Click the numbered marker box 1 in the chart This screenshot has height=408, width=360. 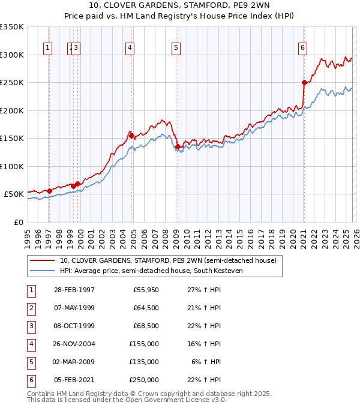pos(47,49)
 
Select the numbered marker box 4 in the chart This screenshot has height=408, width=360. pos(130,49)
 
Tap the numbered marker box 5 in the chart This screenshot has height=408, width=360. pos(176,49)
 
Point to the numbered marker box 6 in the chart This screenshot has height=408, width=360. pos(303,49)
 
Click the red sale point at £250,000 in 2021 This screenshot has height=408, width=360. pos(304,82)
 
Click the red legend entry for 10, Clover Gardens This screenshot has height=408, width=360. pos(168,261)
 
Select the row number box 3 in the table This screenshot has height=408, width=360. pos(31,326)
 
